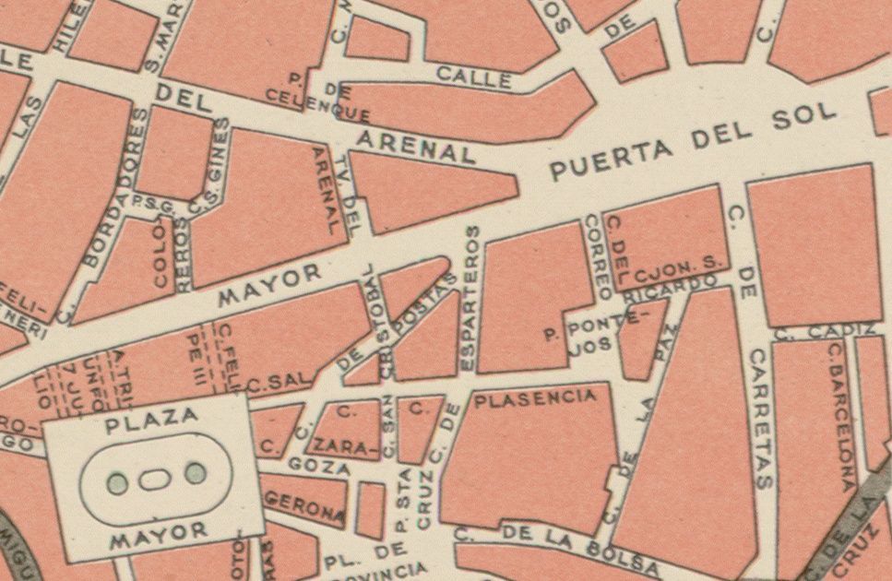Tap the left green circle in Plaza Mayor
116,481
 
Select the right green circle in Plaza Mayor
195,473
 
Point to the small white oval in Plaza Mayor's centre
155,478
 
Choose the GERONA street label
305,505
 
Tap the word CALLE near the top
474,77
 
